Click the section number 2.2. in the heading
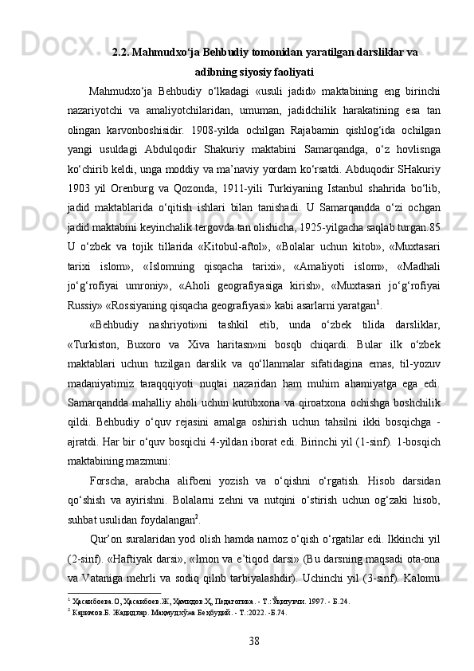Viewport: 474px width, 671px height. coord(123,53)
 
